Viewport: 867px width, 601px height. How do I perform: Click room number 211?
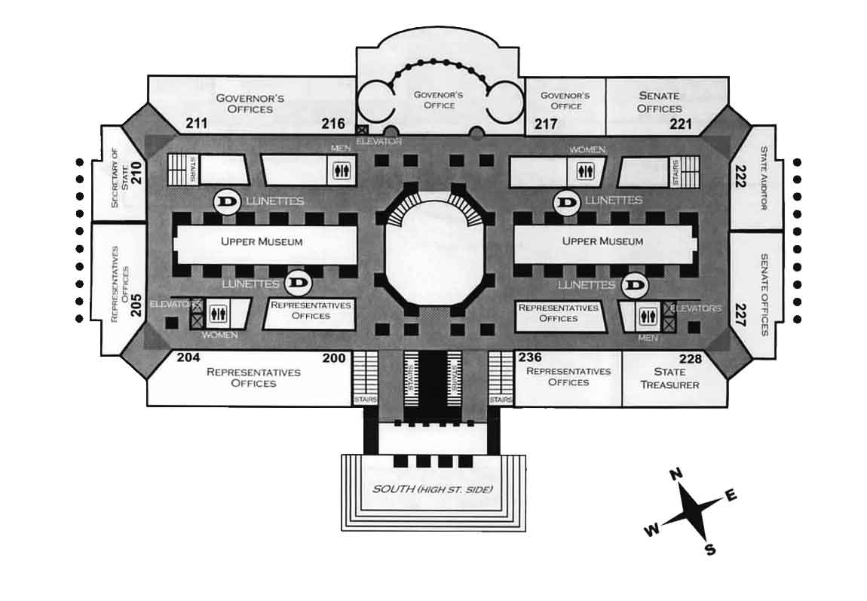point(196,123)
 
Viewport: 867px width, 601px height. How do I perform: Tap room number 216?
point(333,124)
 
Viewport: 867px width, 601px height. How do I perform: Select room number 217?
point(546,124)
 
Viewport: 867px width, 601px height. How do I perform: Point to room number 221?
point(680,124)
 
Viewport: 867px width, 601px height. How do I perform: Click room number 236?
point(529,357)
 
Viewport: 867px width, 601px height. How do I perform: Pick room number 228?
point(691,359)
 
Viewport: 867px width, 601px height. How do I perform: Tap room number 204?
point(188,358)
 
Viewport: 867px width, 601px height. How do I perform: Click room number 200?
point(334,358)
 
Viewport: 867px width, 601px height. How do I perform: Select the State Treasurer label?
point(669,379)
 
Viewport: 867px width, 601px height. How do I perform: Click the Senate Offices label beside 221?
point(659,102)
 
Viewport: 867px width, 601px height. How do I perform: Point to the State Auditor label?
point(763,178)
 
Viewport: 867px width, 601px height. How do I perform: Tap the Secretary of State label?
point(115,178)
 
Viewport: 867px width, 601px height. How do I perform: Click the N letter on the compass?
point(676,474)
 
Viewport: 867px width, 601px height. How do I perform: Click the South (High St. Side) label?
point(432,489)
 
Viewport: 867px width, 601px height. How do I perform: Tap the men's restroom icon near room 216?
point(342,170)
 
